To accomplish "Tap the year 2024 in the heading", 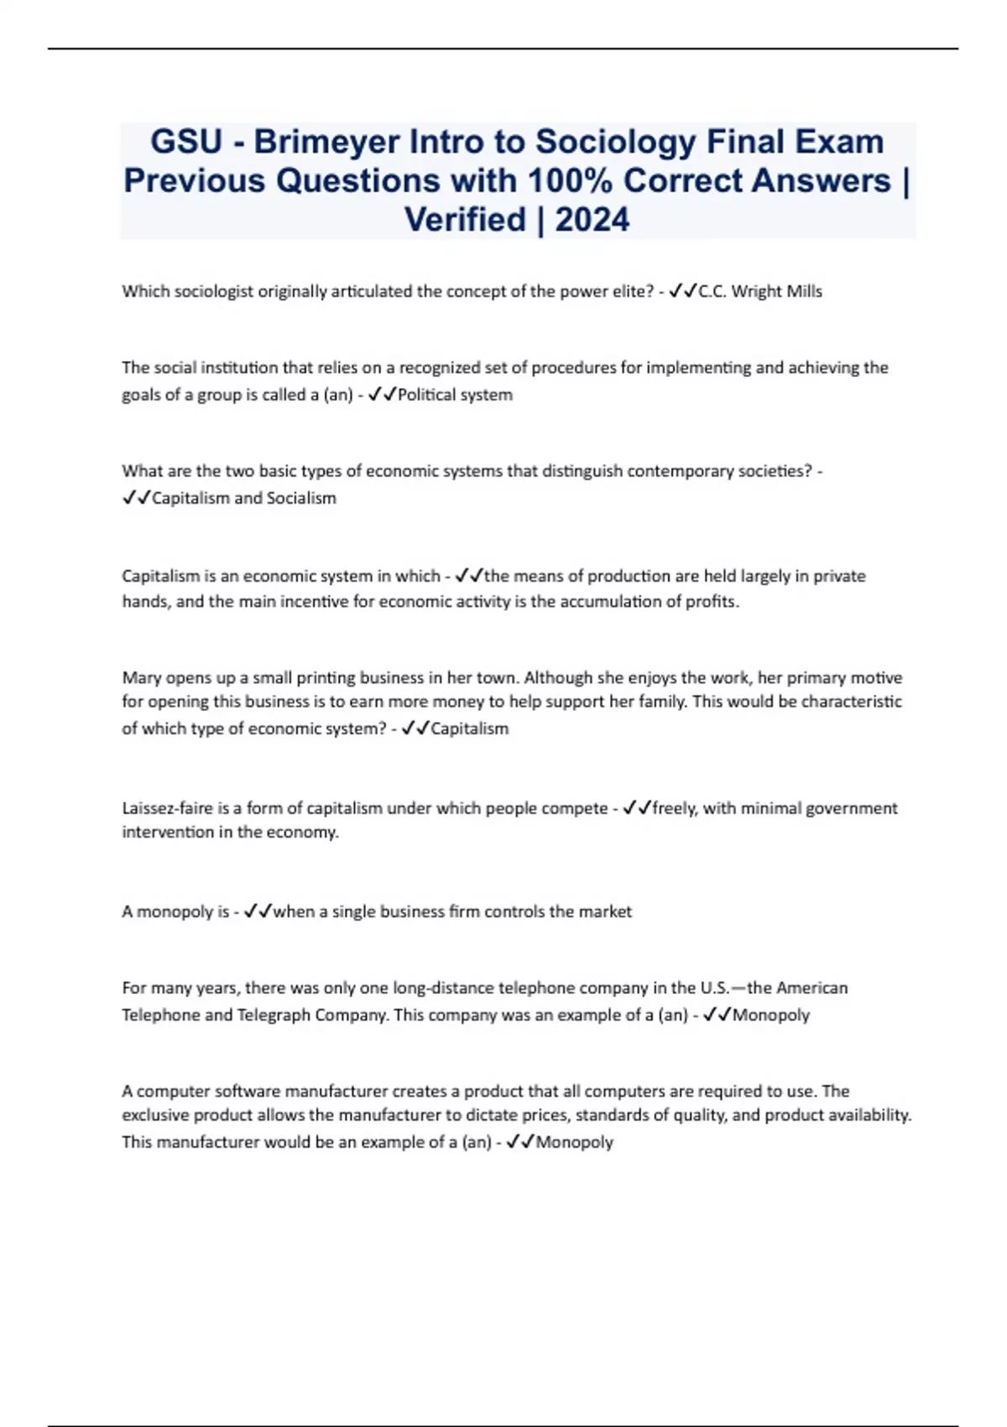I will click(x=592, y=220).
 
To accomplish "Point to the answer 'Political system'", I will click(x=455, y=395).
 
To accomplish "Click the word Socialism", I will click(x=301, y=498).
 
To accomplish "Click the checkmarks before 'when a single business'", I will click(x=257, y=912).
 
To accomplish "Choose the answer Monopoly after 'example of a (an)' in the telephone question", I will click(x=770, y=1015).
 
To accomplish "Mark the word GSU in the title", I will click(x=185, y=142).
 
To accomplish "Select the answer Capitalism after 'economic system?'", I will click(x=469, y=729).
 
